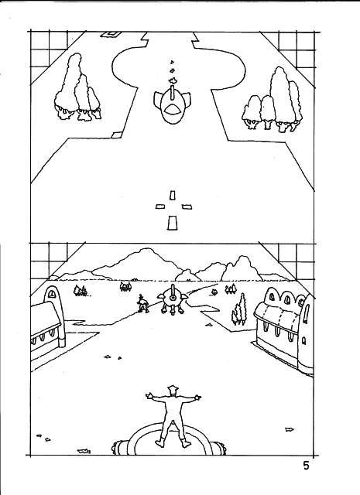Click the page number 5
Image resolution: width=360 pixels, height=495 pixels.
point(306,466)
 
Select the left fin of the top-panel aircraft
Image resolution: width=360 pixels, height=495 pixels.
point(158,99)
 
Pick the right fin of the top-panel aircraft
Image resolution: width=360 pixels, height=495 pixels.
point(187,99)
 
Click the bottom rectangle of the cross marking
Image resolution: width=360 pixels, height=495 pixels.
point(172,223)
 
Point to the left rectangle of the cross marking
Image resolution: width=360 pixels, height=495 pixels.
point(160,207)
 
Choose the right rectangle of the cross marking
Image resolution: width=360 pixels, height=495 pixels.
point(187,207)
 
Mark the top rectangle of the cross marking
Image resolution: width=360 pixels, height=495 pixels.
point(172,195)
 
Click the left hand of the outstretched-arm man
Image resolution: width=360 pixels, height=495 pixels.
point(149,394)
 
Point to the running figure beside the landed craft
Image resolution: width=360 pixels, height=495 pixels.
point(142,304)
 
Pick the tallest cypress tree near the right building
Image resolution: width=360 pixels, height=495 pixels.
point(242,309)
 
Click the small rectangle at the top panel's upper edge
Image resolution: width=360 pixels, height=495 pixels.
point(110,34)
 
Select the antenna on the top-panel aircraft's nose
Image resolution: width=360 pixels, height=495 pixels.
point(172,91)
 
